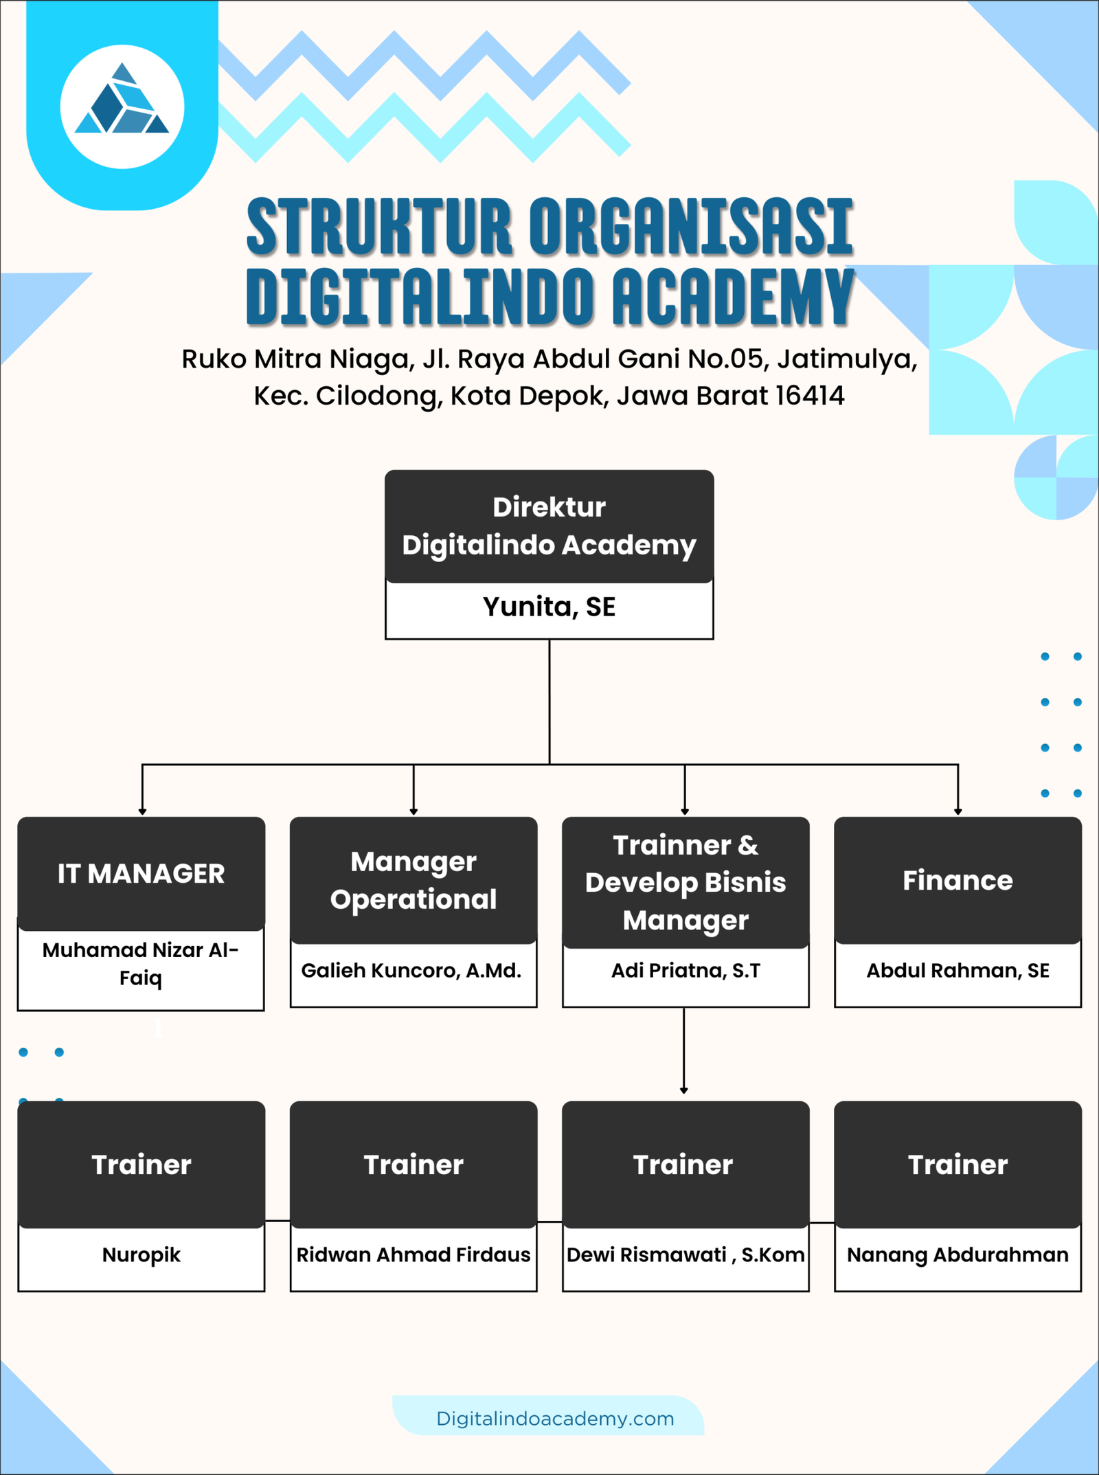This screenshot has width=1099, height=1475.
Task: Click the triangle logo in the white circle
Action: coord(122,102)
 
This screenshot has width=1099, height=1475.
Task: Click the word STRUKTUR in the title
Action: coord(379,226)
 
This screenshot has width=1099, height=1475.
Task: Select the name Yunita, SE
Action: coord(549,607)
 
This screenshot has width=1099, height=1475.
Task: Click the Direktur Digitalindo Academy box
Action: coord(549,526)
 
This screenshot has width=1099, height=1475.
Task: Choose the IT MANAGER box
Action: coord(141,873)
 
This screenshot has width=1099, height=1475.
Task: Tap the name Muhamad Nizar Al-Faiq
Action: coord(141,964)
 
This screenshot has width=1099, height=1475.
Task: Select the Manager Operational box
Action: coord(413,880)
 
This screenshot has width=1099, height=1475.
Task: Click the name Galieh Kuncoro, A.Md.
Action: coord(411,971)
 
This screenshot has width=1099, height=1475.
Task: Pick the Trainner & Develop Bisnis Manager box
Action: coord(686,882)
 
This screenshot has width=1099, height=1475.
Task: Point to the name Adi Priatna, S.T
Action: coord(686,971)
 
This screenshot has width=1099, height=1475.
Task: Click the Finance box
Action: coord(958,881)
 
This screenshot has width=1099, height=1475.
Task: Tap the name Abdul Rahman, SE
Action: coord(958,971)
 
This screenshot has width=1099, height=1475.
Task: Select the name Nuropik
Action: coord(141,1255)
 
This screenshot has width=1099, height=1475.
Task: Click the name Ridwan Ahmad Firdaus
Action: coord(413,1255)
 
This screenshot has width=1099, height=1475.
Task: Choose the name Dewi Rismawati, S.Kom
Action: coord(686,1255)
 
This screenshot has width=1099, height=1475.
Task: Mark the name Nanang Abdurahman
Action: coord(958,1255)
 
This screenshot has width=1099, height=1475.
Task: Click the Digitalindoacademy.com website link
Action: coord(555,1419)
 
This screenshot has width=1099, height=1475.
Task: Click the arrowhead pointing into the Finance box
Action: coord(958,812)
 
